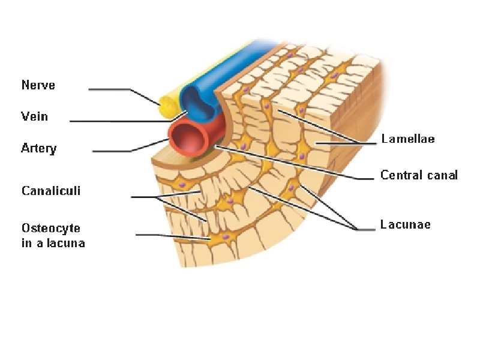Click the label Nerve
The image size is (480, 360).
38,85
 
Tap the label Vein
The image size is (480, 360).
34,116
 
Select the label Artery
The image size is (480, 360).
39,148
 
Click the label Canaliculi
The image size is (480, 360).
51,191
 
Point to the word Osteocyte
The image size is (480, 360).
51,229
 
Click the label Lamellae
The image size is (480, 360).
408,139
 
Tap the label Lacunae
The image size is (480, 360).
406,225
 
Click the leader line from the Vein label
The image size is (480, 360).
120,121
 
